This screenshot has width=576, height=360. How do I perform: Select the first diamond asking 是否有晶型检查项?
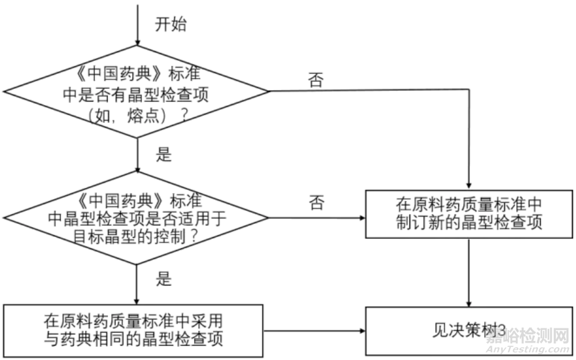[x=137, y=91]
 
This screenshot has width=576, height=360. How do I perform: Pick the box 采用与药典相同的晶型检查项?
[x=133, y=330]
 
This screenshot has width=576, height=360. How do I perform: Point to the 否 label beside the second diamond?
[x=316, y=203]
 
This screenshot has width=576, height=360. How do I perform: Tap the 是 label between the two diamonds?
[x=163, y=155]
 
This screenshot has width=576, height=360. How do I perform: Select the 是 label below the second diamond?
[x=163, y=278]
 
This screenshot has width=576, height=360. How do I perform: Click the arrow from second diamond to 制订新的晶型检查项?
[x=316, y=217]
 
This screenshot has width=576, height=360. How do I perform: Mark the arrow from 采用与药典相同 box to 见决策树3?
[x=314, y=331]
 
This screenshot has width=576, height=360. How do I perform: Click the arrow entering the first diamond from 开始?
[x=138, y=24]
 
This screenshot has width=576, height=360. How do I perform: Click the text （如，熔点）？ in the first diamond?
[x=137, y=115]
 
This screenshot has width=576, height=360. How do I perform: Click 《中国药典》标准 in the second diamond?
[x=137, y=198]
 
